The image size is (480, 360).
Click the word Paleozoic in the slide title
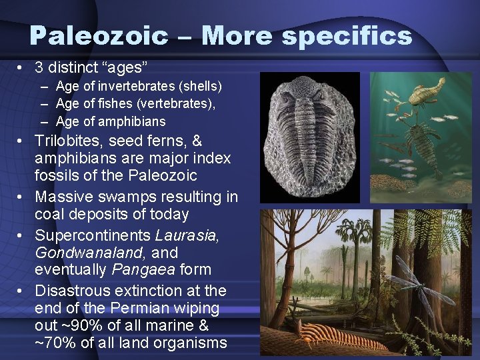pyautogui.click(x=99, y=35)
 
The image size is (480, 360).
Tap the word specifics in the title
pyautogui.click(x=347, y=37)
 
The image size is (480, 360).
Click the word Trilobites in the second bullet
pyautogui.click(x=66, y=141)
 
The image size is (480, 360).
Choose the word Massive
pyautogui.click(x=63, y=197)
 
